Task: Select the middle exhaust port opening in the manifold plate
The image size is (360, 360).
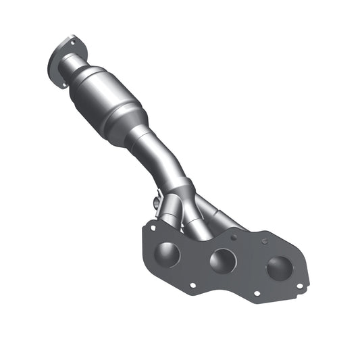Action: click(222, 261)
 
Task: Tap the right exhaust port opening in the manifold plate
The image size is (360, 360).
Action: click(278, 267)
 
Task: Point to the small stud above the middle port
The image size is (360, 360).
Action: click(232, 237)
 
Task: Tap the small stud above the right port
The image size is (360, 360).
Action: click(265, 240)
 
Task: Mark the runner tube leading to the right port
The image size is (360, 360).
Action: click(223, 215)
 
